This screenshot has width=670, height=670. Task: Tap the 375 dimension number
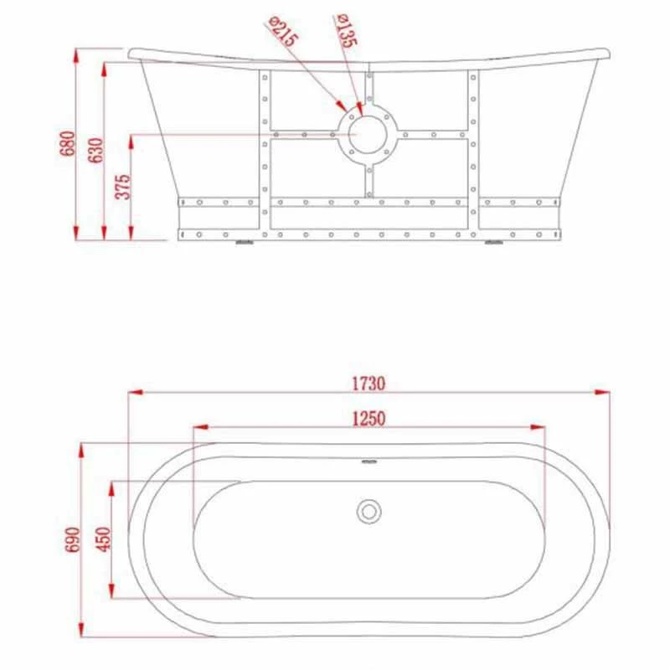point(123,186)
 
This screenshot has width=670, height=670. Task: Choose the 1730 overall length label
point(368,384)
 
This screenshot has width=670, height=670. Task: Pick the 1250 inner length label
point(368,418)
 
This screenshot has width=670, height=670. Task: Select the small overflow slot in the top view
point(368,460)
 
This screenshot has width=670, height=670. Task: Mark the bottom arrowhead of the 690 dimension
point(82,630)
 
